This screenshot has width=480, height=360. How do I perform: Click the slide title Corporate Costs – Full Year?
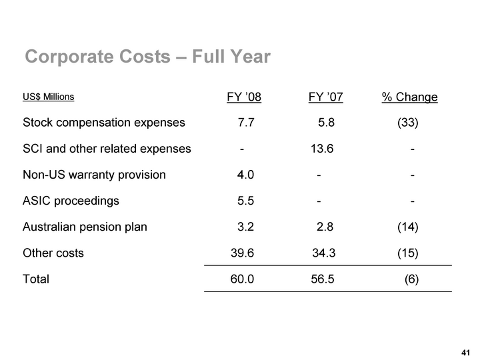147,57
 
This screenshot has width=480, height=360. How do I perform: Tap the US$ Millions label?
48,97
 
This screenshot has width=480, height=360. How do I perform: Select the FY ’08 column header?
244,98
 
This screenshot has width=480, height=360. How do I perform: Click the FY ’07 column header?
325,98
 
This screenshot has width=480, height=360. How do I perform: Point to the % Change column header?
409,98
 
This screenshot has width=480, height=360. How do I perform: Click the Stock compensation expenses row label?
104,123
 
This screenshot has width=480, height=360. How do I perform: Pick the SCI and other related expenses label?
107,149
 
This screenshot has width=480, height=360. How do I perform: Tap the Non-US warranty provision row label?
94,175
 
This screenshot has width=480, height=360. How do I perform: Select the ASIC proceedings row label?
71,201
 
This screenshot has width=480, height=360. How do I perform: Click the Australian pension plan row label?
85,227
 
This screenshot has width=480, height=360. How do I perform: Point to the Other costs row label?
53,253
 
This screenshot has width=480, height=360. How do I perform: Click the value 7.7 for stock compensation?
245,123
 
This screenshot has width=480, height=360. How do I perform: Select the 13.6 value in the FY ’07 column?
322,149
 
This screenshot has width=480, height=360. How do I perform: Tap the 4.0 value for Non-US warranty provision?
245,175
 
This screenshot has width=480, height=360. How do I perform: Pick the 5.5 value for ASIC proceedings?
245,201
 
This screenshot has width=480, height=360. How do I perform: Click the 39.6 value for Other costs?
242,253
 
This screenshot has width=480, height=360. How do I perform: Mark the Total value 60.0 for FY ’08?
242,279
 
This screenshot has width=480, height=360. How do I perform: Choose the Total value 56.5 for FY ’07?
323,279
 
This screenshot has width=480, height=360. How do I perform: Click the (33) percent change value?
408,123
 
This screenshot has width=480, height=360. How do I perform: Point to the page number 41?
465,351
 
